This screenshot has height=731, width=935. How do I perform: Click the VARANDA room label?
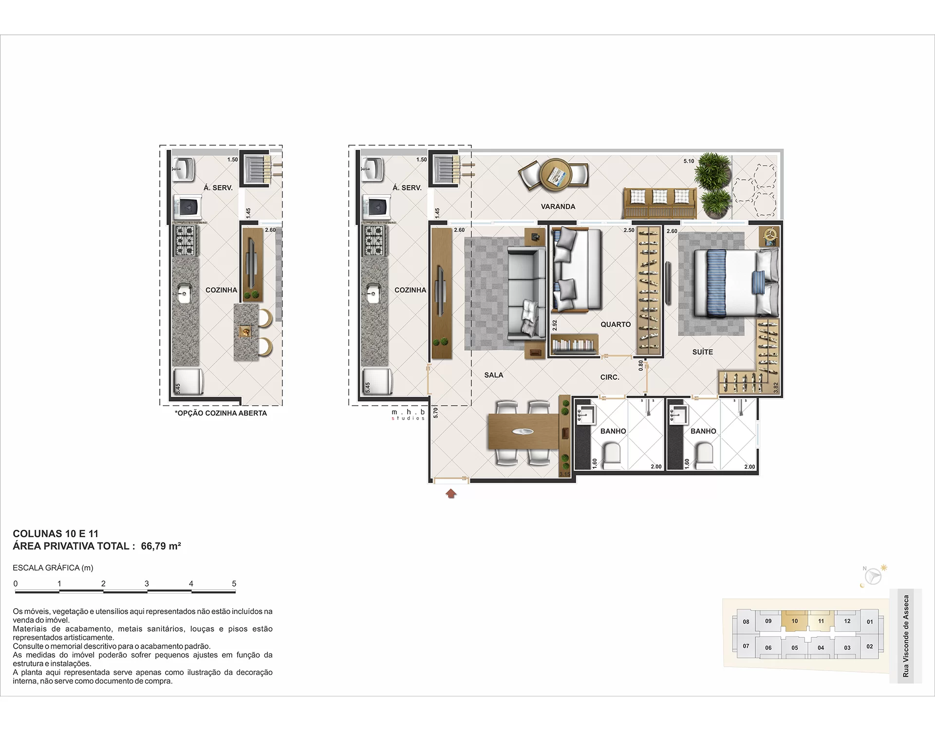(558, 207)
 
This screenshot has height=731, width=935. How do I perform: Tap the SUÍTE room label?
(703, 352)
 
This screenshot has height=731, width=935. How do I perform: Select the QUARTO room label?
(616, 325)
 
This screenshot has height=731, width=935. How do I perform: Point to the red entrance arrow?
(451, 494)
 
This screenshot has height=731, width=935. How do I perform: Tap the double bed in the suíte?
(736, 283)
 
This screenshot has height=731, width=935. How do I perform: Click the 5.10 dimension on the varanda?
(689, 161)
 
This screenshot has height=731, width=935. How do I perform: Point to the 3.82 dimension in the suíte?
(776, 387)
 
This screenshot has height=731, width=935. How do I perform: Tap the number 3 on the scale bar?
(147, 583)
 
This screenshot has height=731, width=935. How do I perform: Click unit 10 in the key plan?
(795, 621)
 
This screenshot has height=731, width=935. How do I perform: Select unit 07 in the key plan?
(746, 646)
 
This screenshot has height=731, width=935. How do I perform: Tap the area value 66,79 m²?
(161, 546)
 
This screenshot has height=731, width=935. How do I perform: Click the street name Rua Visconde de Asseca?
(906, 636)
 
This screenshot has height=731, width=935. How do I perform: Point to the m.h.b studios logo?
(409, 415)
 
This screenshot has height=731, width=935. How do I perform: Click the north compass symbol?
(873, 576)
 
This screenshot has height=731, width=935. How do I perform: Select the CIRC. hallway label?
(610, 377)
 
